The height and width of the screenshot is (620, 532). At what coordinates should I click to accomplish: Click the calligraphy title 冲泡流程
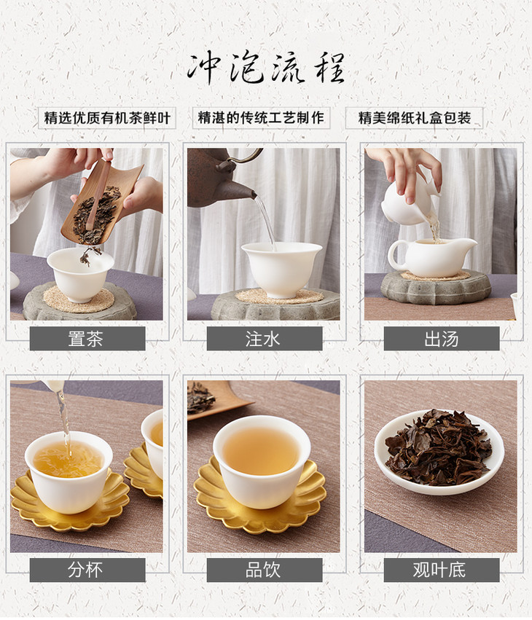tap(266, 68)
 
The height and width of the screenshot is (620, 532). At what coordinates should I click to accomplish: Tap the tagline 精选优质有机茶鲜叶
tap(107, 118)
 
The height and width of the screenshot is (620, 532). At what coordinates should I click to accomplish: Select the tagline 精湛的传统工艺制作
tap(261, 117)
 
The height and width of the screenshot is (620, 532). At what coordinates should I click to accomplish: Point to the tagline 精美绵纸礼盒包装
tap(415, 118)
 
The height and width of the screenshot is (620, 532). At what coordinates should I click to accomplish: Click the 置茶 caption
tap(86, 339)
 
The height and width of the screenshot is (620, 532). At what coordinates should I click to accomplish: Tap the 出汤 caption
tap(442, 339)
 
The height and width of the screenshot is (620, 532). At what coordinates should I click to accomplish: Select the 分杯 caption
tap(85, 570)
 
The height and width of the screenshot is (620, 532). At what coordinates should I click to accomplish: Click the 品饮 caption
tap(263, 570)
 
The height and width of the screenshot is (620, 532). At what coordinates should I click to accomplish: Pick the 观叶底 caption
tap(440, 570)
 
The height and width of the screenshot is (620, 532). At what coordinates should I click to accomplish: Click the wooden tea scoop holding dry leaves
tap(101, 205)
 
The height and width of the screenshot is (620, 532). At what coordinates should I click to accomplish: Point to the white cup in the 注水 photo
tap(281, 270)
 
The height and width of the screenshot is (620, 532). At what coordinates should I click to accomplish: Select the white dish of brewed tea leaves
tap(439, 452)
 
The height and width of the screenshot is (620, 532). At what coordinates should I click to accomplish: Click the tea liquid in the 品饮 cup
tap(261, 451)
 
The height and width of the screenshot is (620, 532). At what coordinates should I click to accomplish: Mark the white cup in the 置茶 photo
tap(80, 275)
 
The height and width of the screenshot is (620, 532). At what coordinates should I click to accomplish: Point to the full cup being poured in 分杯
tap(69, 471)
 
